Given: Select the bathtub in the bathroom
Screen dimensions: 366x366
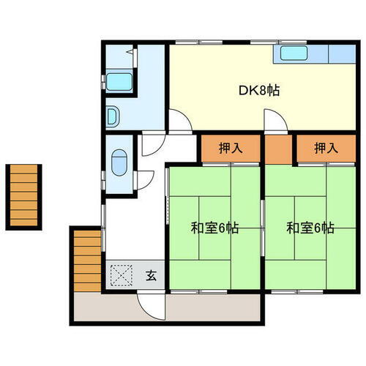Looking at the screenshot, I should (118, 81).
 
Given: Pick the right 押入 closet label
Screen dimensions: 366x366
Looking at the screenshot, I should (326, 148).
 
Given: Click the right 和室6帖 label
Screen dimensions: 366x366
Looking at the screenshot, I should (310, 228).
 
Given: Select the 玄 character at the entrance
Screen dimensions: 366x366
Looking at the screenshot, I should (151, 276).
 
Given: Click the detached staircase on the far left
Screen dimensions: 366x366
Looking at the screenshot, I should (24, 196).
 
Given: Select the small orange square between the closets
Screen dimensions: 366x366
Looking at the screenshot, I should (278, 149).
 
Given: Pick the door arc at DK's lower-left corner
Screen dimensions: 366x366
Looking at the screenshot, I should (179, 121).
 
